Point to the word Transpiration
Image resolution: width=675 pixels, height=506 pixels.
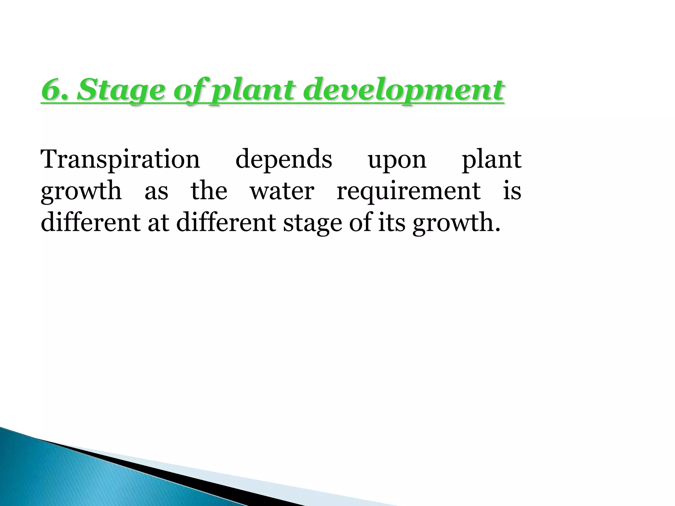pos(120,159)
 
